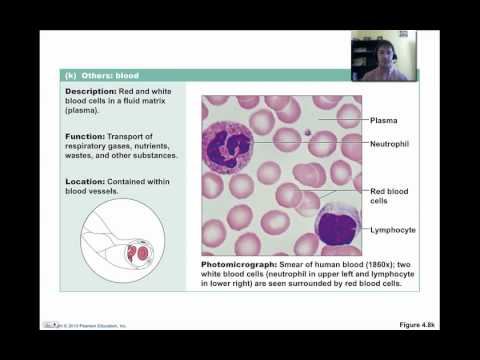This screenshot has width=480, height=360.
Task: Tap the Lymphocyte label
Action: coord(395,229)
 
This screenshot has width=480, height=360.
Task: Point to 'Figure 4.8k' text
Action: coord(412,325)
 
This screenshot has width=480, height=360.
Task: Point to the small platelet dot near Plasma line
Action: coord(310,129)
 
